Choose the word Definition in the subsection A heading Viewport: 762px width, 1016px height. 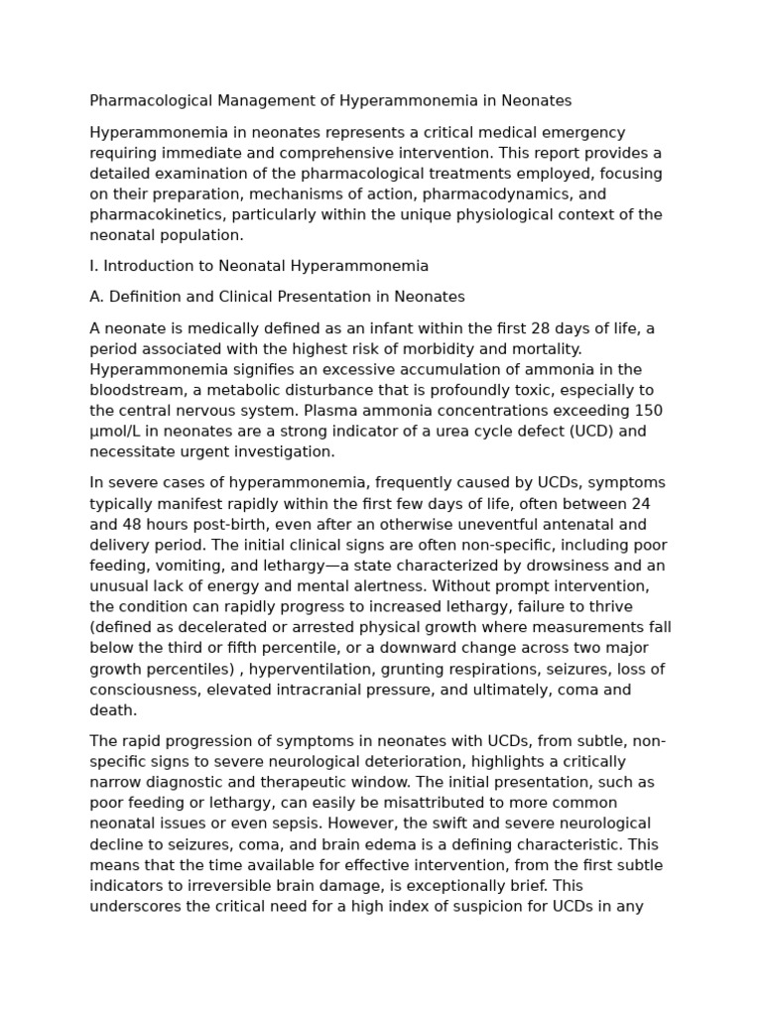tap(145, 297)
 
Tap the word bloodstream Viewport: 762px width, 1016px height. tap(137, 390)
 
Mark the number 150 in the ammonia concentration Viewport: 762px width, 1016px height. tap(649, 411)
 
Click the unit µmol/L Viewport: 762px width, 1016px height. tap(120, 432)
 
